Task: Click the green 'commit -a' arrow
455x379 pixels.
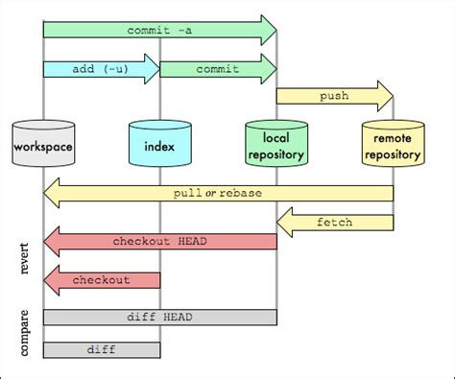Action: [158, 30]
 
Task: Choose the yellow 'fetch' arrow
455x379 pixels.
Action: [335, 223]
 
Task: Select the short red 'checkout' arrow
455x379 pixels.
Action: [102, 279]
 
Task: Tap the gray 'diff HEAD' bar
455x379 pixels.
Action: [159, 317]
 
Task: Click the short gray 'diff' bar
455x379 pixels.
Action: [101, 349]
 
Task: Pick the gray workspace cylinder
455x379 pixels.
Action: [43, 146]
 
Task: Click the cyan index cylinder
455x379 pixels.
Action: [159, 146]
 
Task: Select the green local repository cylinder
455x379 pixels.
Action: [276, 146]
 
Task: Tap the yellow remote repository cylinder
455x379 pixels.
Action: [393, 146]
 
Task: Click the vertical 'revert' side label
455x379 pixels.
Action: [25, 259]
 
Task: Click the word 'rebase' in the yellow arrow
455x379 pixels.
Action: [240, 193]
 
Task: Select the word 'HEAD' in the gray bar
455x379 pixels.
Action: [177, 317]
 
